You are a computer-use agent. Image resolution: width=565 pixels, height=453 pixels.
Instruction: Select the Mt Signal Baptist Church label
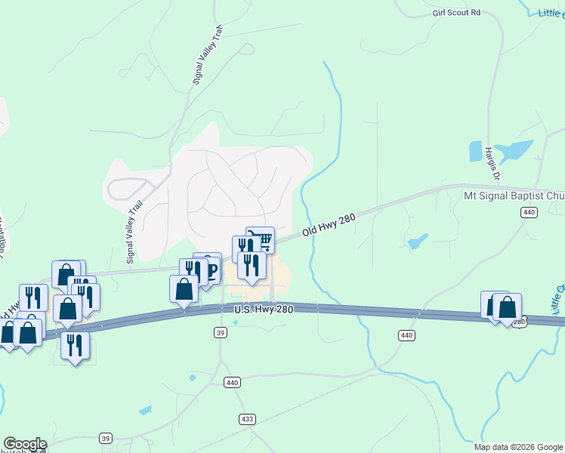point(514,196)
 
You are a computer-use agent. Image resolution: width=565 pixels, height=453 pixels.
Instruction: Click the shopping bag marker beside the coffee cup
point(184,288)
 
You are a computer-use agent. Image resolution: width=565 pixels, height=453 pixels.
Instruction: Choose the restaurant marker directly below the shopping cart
point(252,265)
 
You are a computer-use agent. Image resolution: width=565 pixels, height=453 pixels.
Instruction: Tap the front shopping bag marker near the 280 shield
point(508,307)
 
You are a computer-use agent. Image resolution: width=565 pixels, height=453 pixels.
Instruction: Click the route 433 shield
point(247,418)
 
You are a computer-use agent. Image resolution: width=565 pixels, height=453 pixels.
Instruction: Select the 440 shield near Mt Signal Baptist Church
point(529,213)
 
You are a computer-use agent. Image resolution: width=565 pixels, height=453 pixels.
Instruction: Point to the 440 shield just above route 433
point(231,384)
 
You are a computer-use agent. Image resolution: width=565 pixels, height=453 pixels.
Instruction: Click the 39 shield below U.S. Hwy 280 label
point(221,333)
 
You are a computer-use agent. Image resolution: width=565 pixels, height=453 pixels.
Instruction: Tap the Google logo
point(25,444)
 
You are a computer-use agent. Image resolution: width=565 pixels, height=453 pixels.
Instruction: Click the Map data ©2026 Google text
point(518,447)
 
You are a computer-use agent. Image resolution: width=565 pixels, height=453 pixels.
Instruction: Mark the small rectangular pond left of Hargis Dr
point(476,152)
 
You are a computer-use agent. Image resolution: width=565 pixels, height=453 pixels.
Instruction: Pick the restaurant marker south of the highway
point(75,344)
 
